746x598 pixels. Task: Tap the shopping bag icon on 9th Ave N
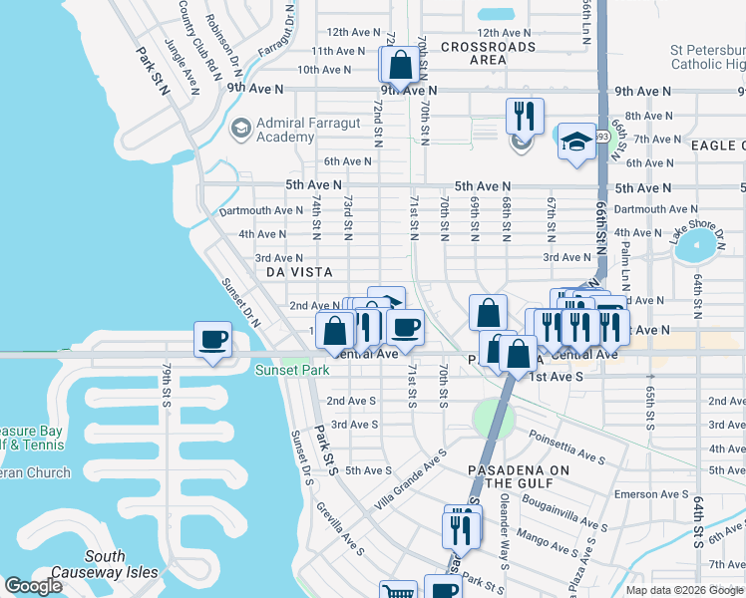pyautogui.click(x=399, y=66)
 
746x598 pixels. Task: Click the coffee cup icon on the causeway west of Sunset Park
pyautogui.click(x=212, y=340)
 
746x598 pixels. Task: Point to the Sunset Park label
pyautogui.click(x=283, y=371)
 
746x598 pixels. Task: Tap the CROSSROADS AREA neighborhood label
pyautogui.click(x=488, y=53)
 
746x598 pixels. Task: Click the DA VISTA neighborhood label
pyautogui.click(x=298, y=271)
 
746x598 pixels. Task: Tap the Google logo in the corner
pyautogui.click(x=33, y=586)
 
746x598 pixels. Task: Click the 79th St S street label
pyautogui.click(x=167, y=384)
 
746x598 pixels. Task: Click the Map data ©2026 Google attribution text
pyautogui.click(x=684, y=590)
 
